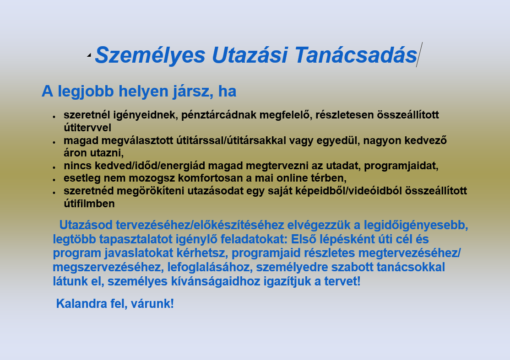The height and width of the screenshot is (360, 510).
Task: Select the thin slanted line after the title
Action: click(419, 55)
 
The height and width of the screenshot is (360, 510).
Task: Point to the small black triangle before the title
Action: click(89, 55)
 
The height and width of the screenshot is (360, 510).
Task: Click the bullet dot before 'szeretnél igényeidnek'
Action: click(54, 116)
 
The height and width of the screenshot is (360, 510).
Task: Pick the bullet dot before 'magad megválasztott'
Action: click(54, 142)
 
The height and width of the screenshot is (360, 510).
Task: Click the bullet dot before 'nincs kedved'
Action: click(54, 167)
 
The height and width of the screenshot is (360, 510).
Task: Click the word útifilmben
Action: click(89, 204)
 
